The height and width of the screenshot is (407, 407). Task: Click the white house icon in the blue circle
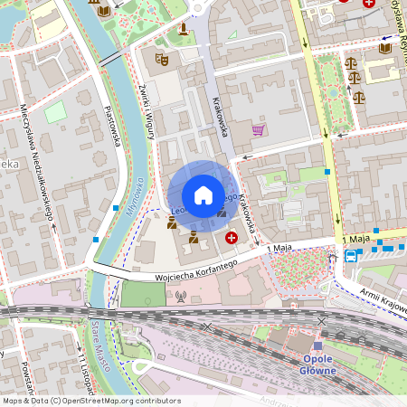click(x=203, y=195)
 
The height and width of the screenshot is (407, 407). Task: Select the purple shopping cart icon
click(x=259, y=130)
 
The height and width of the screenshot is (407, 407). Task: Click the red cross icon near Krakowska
click(x=232, y=238)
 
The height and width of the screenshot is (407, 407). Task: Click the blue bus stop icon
click(x=350, y=256)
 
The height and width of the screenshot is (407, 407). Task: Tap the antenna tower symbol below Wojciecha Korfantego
click(x=180, y=296)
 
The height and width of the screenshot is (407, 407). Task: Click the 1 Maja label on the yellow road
click(x=358, y=238)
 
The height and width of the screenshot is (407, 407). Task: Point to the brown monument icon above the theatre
click(x=185, y=29)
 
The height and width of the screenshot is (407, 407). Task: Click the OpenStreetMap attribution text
click(x=90, y=401)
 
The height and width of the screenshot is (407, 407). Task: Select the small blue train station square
click(x=317, y=345)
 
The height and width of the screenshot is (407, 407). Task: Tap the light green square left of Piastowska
click(x=55, y=111)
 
